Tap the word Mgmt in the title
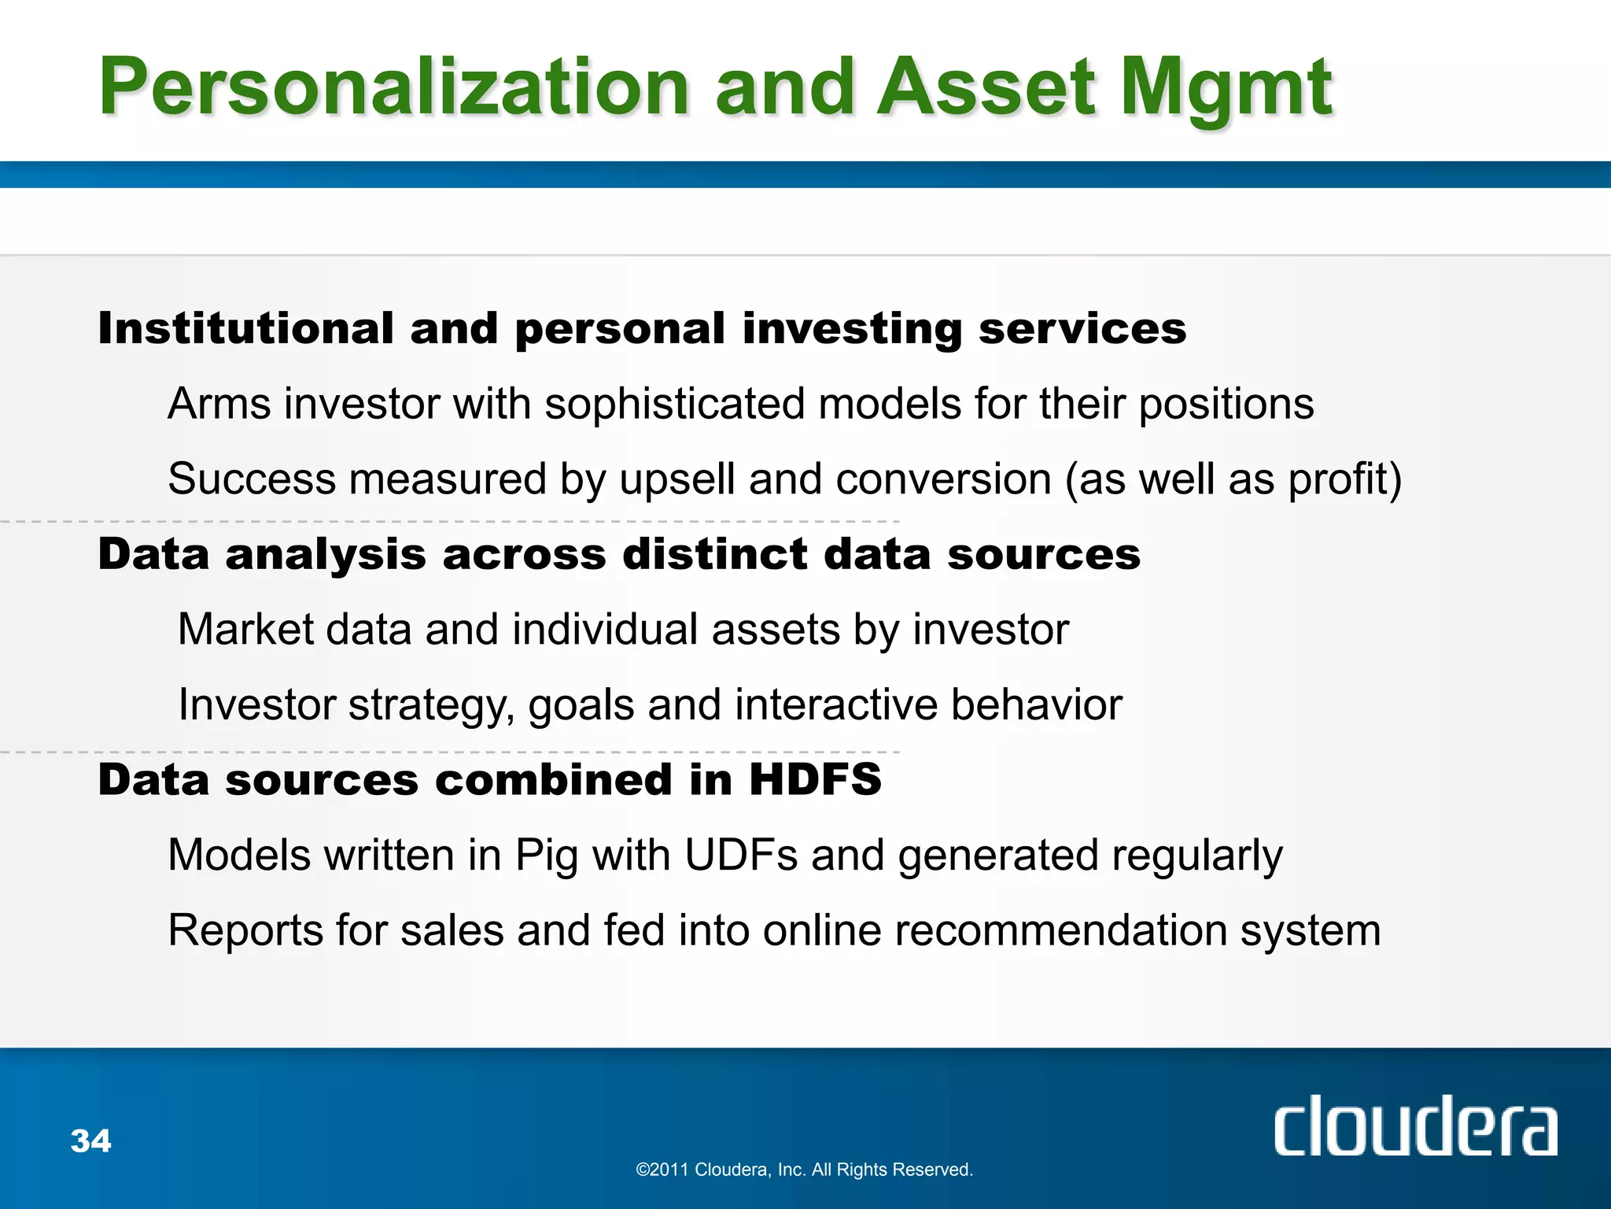pyautogui.click(x=1226, y=88)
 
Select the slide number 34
pyautogui.click(x=91, y=1141)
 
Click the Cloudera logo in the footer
pyautogui.click(x=1415, y=1127)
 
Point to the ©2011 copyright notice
pyautogui.click(x=804, y=1170)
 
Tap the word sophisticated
pyautogui.click(x=674, y=405)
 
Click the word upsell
pyautogui.click(x=677, y=479)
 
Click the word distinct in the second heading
pyautogui.click(x=714, y=554)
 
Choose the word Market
pyautogui.click(x=245, y=630)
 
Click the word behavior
pyautogui.click(x=1036, y=704)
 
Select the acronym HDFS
pyautogui.click(x=815, y=780)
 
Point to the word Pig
pyautogui.click(x=547, y=856)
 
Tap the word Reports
pyautogui.click(x=245, y=930)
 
